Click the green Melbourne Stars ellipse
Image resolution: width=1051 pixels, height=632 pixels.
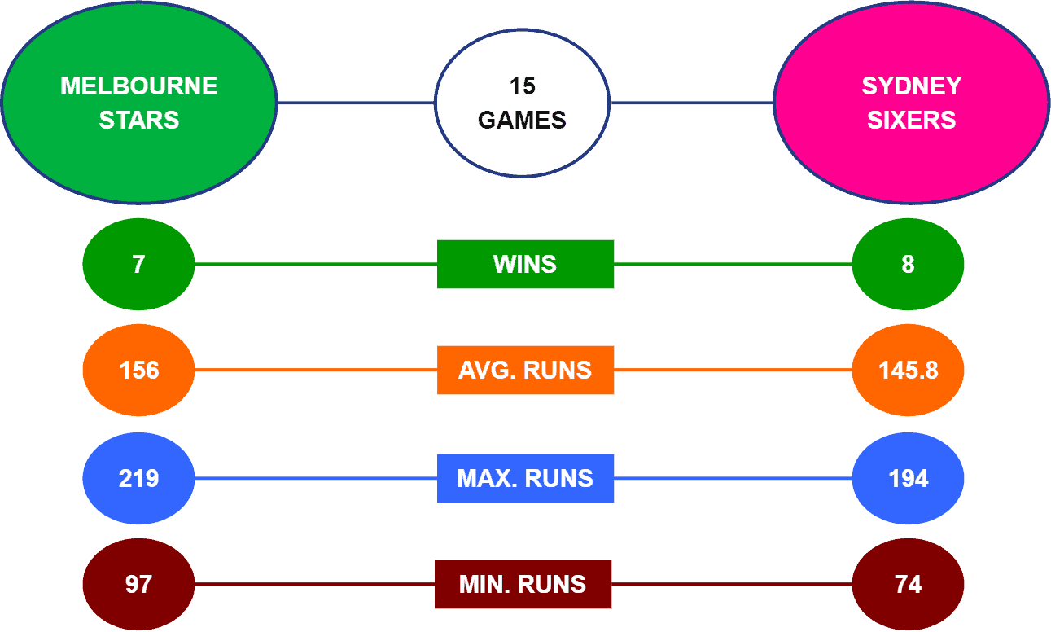(x=139, y=103)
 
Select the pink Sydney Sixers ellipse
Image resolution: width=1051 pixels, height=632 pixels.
(x=911, y=103)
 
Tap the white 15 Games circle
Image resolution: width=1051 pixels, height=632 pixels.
(x=522, y=103)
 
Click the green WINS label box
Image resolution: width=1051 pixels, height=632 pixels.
(x=526, y=265)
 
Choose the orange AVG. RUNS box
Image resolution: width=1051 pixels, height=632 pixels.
(x=526, y=370)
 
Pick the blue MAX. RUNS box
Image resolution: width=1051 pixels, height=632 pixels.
(x=526, y=478)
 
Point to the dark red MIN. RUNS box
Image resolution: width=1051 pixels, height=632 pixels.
(x=523, y=584)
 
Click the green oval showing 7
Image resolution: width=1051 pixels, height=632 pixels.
(x=138, y=265)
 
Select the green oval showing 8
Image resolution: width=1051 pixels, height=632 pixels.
(x=908, y=265)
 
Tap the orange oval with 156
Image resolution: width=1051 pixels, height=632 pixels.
(x=138, y=370)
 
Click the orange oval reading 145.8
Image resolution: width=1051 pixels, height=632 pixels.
(x=908, y=370)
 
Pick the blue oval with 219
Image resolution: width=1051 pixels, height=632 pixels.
(x=138, y=478)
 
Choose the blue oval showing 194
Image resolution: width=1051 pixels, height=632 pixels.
(x=908, y=478)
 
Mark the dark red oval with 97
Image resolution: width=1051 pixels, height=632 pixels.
(x=138, y=584)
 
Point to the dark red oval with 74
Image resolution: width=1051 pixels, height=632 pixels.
(x=908, y=584)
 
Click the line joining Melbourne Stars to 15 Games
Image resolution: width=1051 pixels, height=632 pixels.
(x=356, y=103)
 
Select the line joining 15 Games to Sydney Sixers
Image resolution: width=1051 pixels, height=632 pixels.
(x=692, y=103)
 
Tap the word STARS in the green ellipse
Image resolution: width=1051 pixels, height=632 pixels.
(x=139, y=120)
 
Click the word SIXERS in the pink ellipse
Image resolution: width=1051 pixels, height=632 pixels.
(x=911, y=120)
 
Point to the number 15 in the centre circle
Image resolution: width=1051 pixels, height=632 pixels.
(x=522, y=86)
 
